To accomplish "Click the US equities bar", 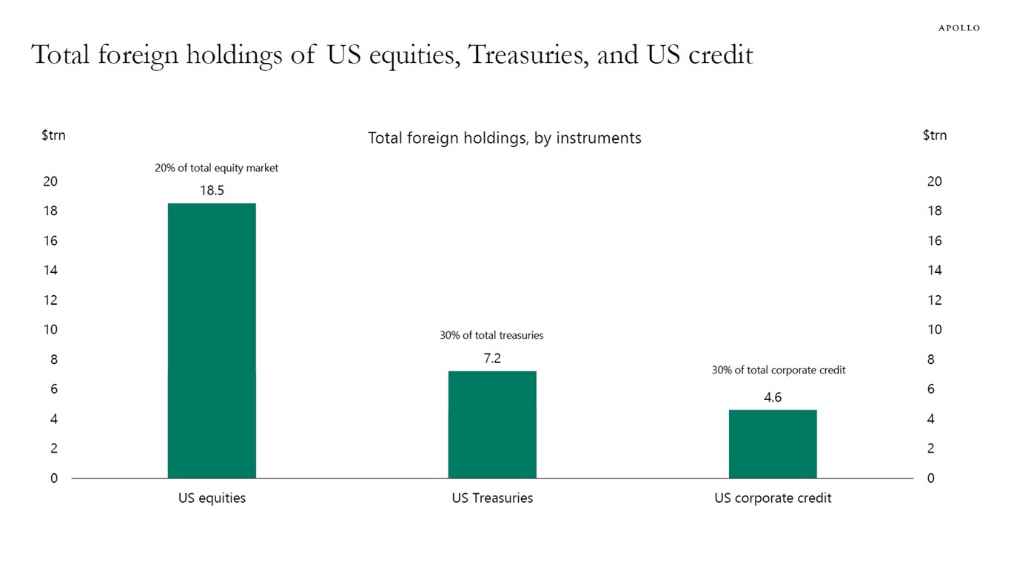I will [212, 340].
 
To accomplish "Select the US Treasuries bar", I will [492, 425].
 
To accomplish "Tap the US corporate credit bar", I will [773, 444].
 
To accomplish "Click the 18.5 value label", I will [212, 191].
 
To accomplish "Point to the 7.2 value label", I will [492, 359].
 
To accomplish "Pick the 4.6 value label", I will [773, 398].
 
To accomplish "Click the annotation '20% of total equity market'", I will [216, 168].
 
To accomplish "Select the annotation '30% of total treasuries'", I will [491, 335].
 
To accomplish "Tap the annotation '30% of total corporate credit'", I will [778, 370].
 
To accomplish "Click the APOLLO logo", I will [958, 28].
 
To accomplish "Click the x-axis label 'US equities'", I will [212, 498].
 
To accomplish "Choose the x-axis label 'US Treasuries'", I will [492, 498].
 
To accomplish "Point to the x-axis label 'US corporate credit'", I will [773, 498].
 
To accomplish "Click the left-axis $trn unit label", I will [53, 135].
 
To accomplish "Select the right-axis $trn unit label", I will [935, 135].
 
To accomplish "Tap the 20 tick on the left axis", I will [50, 182].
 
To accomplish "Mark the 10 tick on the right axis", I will [935, 330].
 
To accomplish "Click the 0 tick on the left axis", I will [53, 479].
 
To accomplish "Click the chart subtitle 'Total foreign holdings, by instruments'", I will [504, 138].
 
